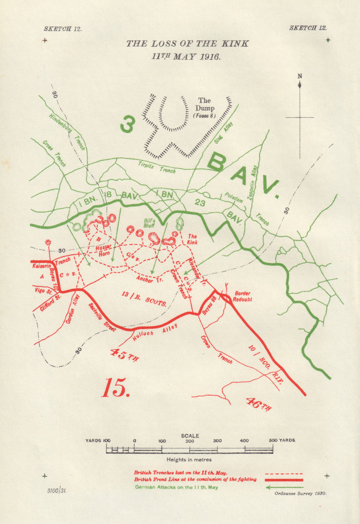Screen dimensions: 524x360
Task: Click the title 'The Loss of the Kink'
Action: tap(187, 44)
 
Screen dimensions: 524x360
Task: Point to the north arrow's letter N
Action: tap(300, 76)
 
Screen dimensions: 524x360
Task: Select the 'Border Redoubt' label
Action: tap(243, 296)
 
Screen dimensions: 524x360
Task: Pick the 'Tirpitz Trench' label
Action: tap(157, 167)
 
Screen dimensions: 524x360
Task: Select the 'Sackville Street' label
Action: tap(102, 317)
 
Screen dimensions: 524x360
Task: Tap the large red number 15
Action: tap(116, 388)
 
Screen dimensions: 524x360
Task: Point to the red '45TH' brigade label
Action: tap(124, 355)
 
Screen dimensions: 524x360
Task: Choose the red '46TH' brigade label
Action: tap(258, 404)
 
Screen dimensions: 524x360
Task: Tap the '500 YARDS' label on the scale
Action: tap(282, 440)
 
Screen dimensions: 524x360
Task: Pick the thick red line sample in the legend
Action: tap(284, 480)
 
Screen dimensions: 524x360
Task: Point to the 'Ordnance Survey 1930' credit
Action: tap(300, 493)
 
